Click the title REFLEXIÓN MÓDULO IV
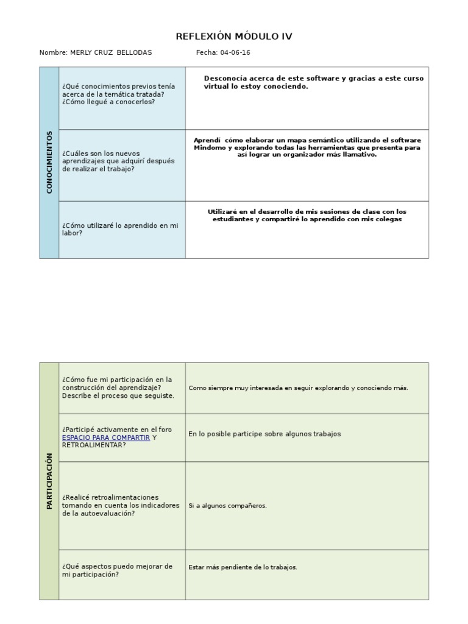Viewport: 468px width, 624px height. pos(234,37)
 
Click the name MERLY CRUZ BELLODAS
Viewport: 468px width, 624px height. pos(111,53)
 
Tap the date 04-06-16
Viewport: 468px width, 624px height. pos(235,53)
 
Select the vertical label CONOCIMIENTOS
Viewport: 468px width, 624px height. pos(49,162)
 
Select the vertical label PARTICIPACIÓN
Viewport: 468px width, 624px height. pos(49,481)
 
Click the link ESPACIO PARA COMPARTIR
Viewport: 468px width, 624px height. pos(106,438)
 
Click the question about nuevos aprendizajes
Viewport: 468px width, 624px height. pos(118,161)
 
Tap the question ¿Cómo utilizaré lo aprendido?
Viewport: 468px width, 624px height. pos(120,229)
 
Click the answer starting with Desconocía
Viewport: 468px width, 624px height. pos(313,82)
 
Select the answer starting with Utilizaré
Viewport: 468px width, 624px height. pos(307,215)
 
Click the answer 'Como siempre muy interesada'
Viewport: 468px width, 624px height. pos(298,388)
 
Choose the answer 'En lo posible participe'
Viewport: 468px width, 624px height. pos(264,434)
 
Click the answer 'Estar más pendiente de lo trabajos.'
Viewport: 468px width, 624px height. pos(243,567)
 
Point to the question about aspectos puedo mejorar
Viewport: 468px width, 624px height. pos(118,570)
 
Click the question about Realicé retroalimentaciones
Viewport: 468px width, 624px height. pos(121,505)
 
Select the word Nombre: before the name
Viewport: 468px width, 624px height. pos(53,53)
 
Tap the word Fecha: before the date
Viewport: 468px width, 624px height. pos(207,53)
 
